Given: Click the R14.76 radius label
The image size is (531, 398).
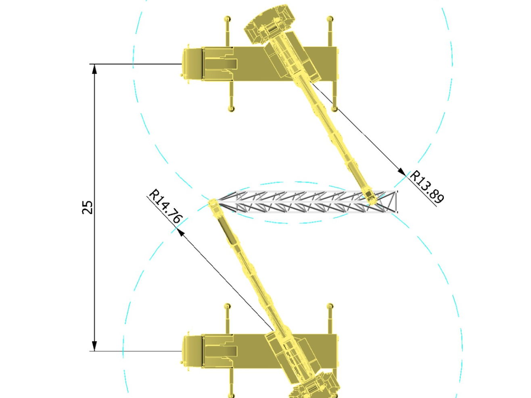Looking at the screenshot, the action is tap(165, 206).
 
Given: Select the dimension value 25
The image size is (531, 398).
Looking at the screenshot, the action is tap(87, 207).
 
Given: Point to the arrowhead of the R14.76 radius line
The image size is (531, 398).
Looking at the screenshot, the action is tap(180, 232).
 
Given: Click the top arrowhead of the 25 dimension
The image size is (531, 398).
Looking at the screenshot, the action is tap(94, 69).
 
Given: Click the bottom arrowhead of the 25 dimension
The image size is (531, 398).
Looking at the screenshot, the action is tap(94, 346).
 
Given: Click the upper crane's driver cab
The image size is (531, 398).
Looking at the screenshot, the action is tap(192, 64).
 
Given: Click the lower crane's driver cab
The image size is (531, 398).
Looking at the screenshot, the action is tap(192, 351).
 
